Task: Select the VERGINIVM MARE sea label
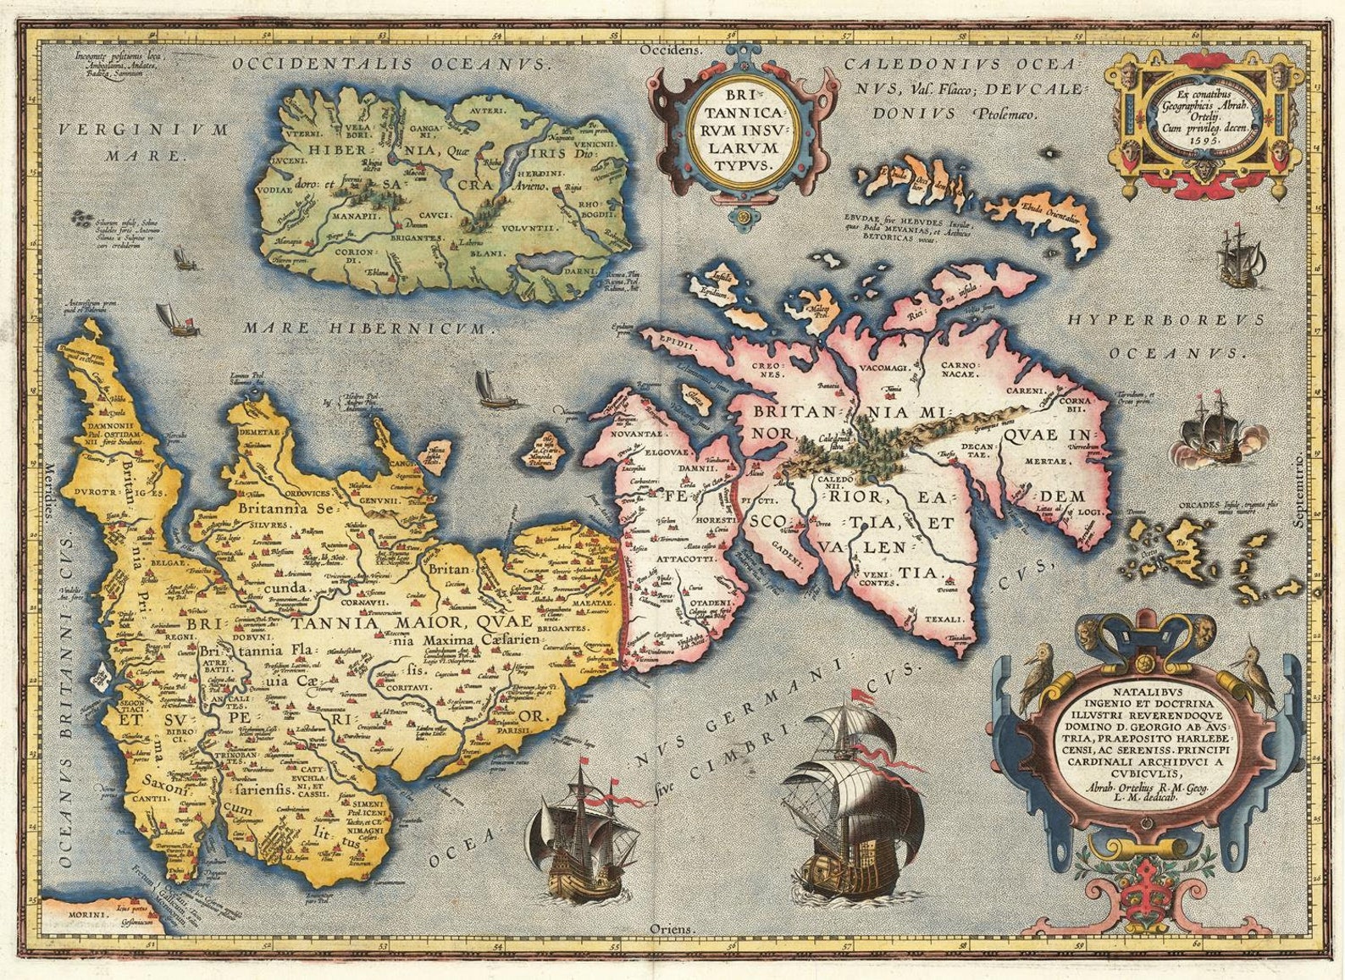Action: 145,142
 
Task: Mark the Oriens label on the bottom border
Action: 672,929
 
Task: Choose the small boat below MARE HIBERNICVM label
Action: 489,388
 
